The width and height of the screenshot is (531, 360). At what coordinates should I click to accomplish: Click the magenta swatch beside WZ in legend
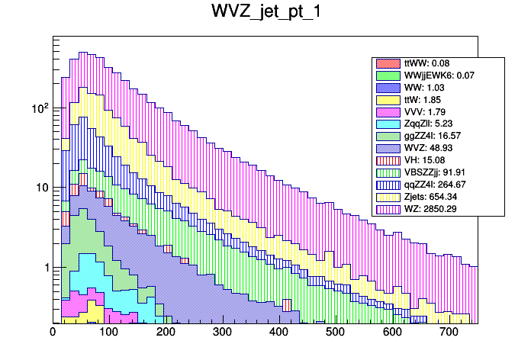[389, 208]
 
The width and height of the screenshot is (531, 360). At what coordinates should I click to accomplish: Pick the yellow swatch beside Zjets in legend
[389, 196]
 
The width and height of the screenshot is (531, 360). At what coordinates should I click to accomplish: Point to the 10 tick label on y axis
[43, 188]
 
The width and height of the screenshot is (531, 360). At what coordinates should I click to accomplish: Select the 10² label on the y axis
[40, 108]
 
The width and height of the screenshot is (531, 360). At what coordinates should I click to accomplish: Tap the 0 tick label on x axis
[53, 333]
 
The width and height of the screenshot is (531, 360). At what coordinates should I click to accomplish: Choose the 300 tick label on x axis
[223, 333]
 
